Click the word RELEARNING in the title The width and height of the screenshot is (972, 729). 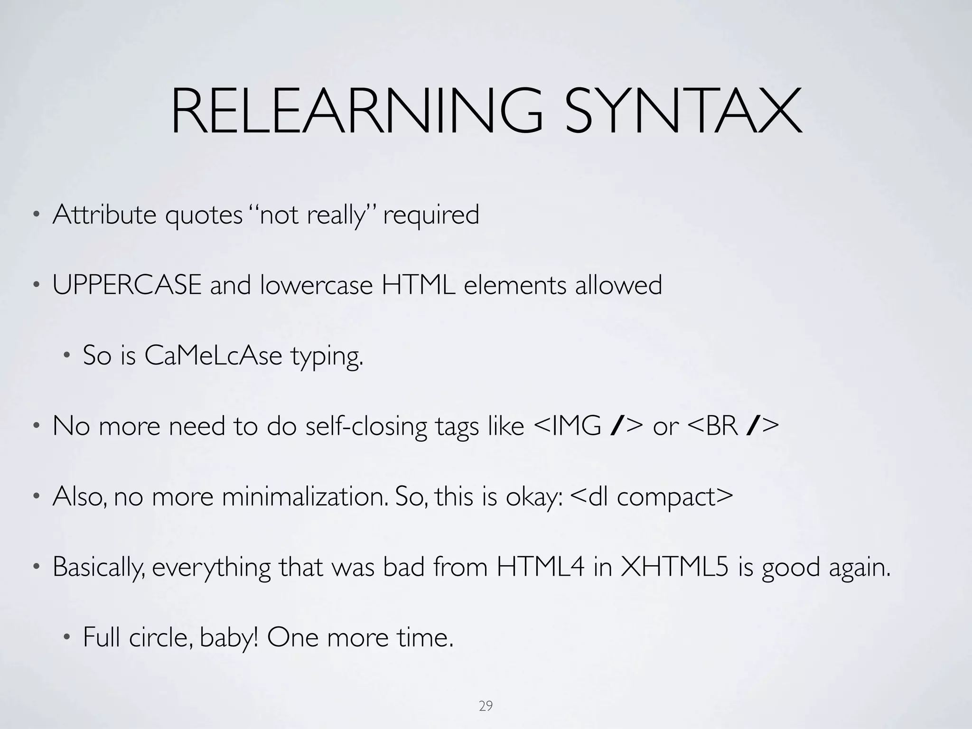(356, 112)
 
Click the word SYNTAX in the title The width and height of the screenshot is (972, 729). (683, 112)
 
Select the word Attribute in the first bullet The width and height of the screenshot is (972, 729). (104, 215)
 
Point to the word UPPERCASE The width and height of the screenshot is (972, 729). (127, 286)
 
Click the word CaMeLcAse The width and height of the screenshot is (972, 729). (213, 355)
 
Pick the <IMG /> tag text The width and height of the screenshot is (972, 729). (589, 426)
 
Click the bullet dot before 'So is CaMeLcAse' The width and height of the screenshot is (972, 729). (67, 356)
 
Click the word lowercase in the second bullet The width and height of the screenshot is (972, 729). (316, 286)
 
